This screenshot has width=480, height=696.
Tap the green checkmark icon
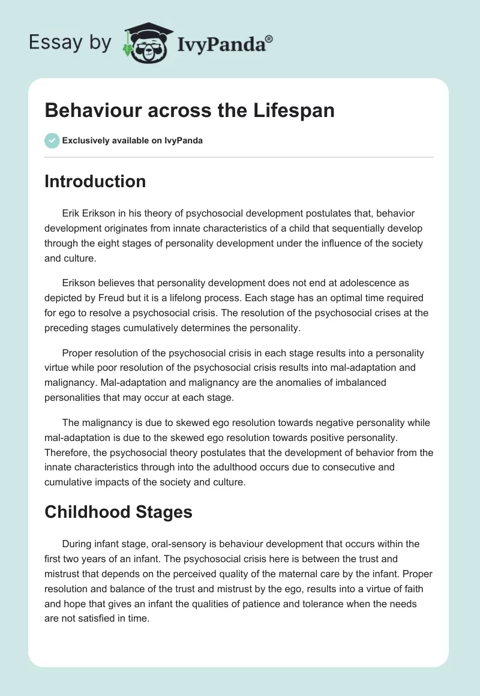(52, 141)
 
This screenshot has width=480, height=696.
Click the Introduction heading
(95, 181)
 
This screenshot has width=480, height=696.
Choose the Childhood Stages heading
(118, 512)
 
